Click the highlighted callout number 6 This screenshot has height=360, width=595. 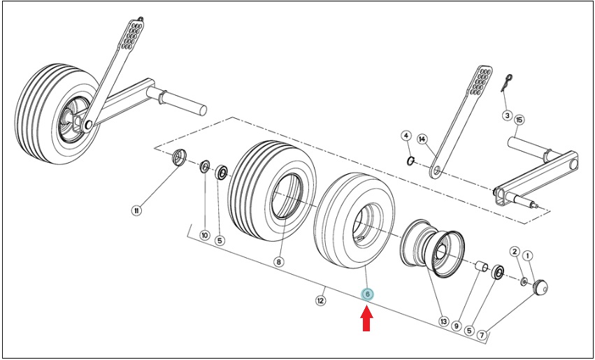point(367,294)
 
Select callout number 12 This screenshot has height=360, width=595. point(321,301)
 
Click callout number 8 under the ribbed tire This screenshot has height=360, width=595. point(278,262)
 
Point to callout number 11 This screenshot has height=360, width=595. point(136,210)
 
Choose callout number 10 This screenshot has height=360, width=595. point(205,235)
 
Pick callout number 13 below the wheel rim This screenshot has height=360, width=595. point(443,322)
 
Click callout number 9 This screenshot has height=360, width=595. point(457,326)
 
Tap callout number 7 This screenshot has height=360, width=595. point(482,335)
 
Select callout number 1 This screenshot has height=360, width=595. point(527,256)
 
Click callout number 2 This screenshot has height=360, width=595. point(515,251)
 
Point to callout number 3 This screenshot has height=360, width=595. point(508,115)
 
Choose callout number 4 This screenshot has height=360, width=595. point(406,136)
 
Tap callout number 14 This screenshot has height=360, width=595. point(422,139)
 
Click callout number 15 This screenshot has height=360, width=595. point(519,120)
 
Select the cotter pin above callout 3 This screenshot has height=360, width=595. point(506,82)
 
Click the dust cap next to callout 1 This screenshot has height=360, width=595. point(540,287)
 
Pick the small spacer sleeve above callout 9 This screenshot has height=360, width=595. point(482,266)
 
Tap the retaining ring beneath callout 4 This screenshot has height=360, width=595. point(410,161)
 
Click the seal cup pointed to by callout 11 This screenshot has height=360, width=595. point(180,157)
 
